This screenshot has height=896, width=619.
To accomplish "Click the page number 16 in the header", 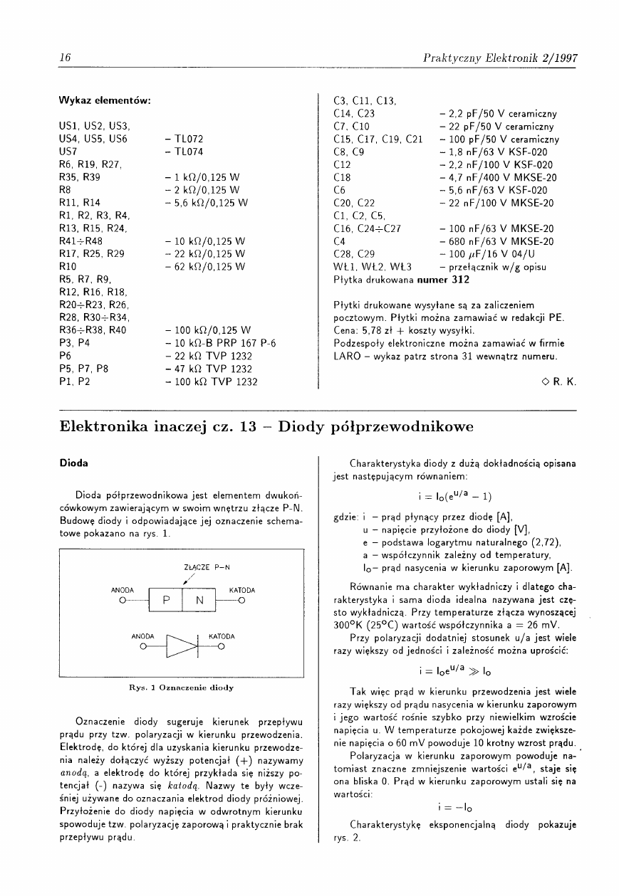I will (63, 58).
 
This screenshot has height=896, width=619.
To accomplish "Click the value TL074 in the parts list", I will (184, 152).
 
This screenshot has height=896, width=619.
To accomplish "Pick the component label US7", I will (68, 152).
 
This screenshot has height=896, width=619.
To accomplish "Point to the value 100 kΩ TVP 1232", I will (211, 381).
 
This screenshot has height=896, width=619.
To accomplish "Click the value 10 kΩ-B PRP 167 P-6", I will (220, 343).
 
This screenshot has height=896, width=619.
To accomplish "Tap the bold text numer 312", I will (443, 280).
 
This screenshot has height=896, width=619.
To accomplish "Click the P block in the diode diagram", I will (166, 599).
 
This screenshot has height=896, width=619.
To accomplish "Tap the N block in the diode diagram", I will (199, 599).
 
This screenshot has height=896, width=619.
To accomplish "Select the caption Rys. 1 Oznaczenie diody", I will (181, 688).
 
